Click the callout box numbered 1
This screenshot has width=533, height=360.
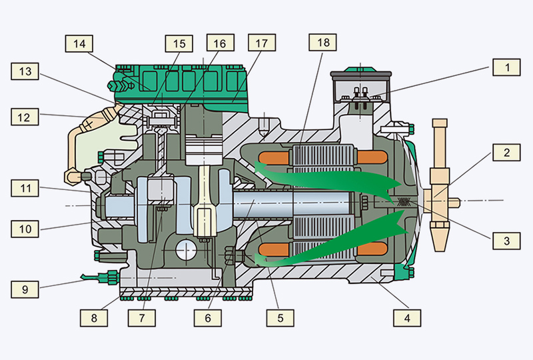(506, 67)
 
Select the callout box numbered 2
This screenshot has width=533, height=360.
(506, 153)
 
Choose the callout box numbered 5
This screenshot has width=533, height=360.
(280, 318)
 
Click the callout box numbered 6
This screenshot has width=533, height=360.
(208, 318)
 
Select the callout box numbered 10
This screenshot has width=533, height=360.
(25, 229)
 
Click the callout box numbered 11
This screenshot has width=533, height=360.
(25, 190)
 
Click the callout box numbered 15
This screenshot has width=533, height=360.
(179, 43)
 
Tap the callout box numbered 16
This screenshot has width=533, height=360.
(219, 43)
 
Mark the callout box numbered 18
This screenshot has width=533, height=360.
(323, 43)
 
